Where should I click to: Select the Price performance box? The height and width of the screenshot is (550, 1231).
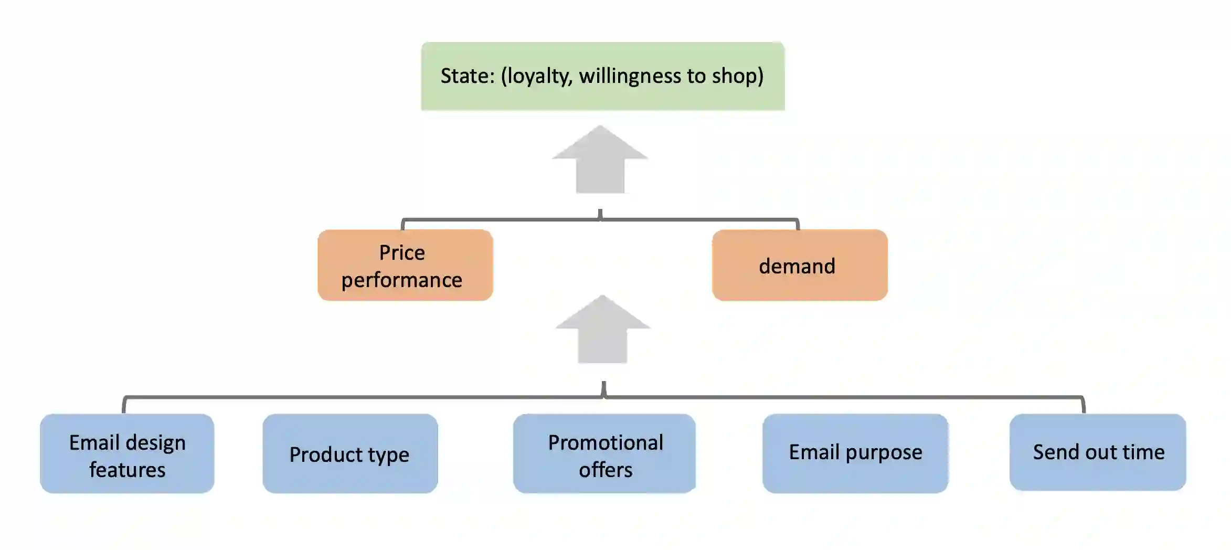pos(405,265)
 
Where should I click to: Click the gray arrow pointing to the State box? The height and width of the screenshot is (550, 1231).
pos(600,160)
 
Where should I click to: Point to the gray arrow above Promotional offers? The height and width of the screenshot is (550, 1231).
pos(602,330)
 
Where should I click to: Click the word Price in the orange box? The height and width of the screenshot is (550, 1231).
pos(402,253)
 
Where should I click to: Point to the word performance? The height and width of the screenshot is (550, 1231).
pos(402,280)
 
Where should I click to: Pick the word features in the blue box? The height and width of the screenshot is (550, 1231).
pos(128,470)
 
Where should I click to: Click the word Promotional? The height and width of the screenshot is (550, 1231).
pos(606,443)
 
